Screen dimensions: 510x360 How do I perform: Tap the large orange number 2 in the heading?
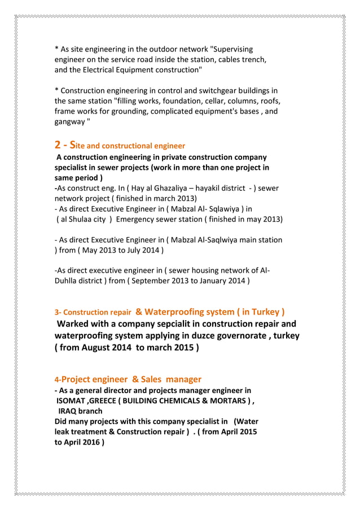[58, 145]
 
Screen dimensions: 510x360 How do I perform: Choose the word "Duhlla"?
[68, 280]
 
